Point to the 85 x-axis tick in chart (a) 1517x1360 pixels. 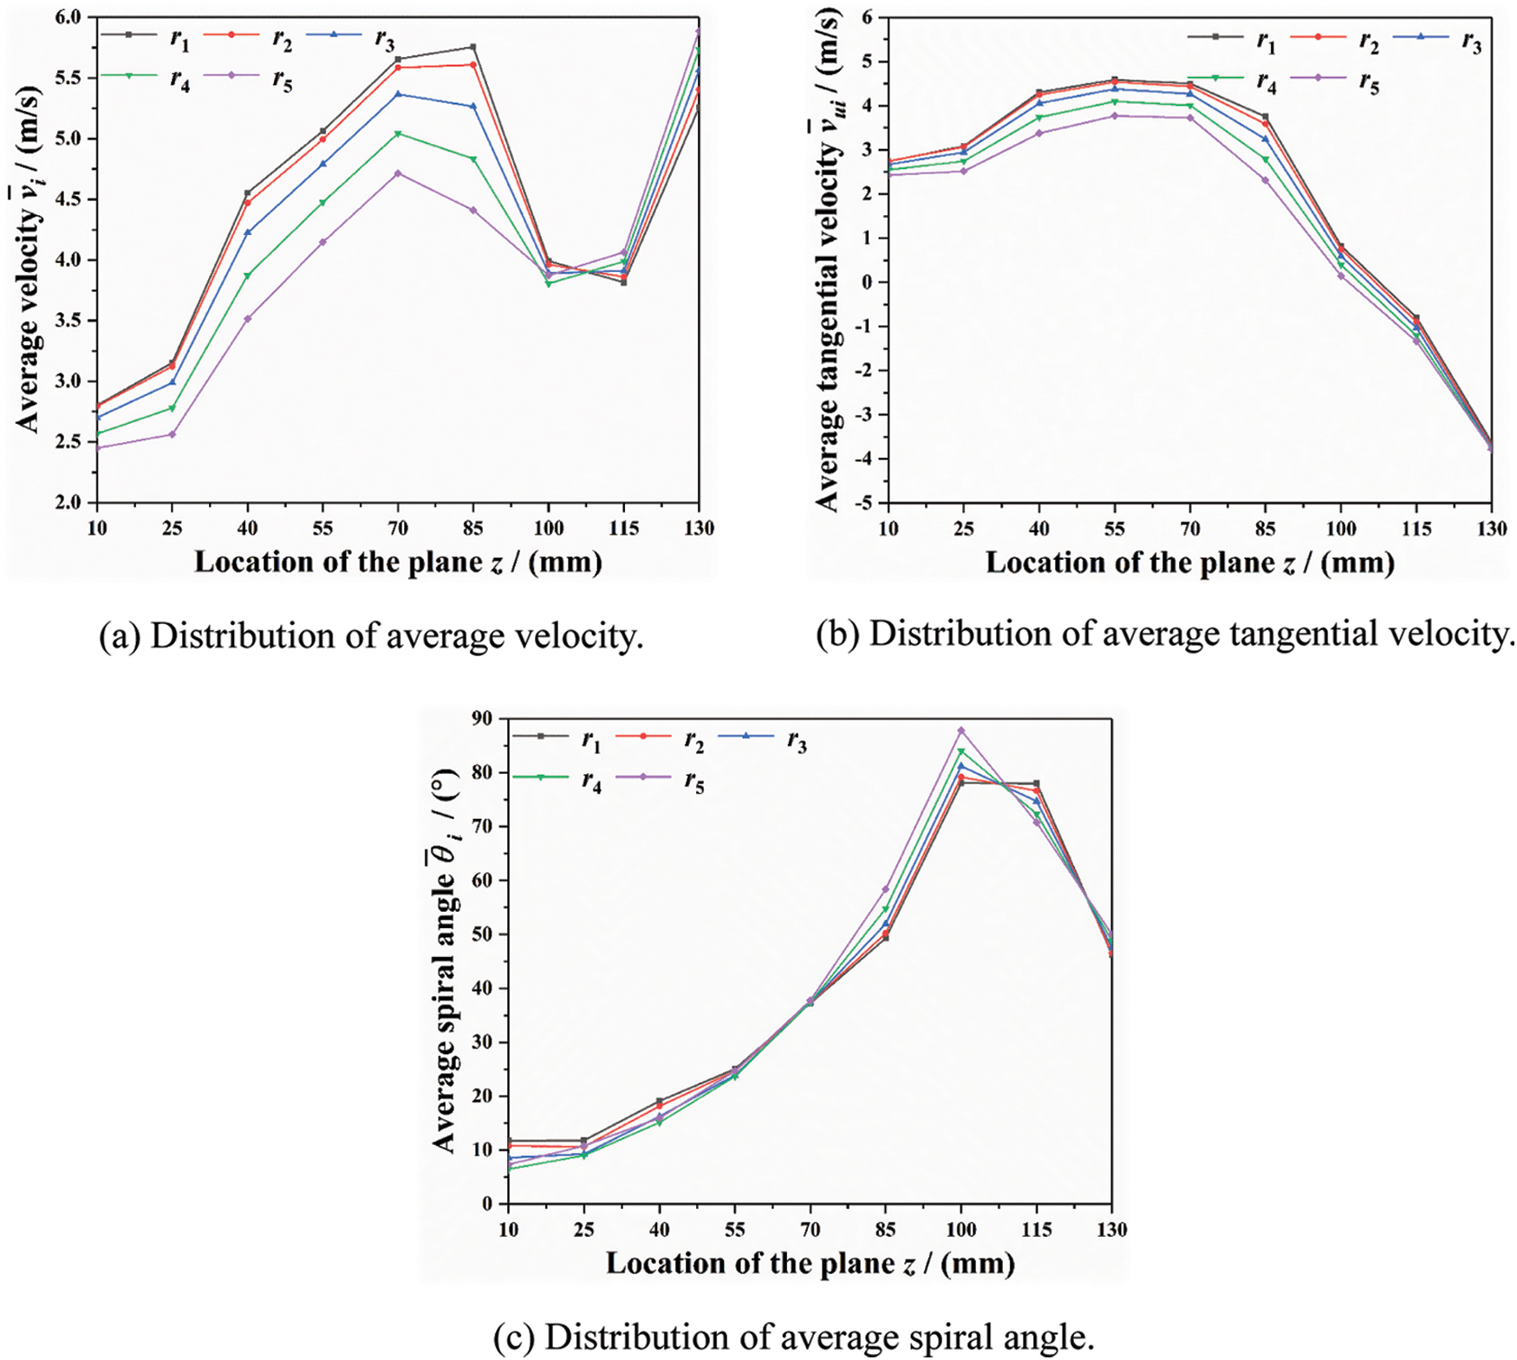point(473,528)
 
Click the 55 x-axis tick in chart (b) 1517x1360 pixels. point(1115,529)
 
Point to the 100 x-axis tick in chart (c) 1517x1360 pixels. point(960,1229)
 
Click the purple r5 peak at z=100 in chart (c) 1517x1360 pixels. point(960,730)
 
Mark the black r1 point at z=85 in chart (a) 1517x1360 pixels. point(473,47)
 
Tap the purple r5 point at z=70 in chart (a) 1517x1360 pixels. point(398,173)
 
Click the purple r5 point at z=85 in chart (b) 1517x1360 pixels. point(1266,180)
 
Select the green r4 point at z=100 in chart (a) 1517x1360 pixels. point(549,283)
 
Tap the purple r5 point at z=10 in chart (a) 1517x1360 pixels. point(97,448)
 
